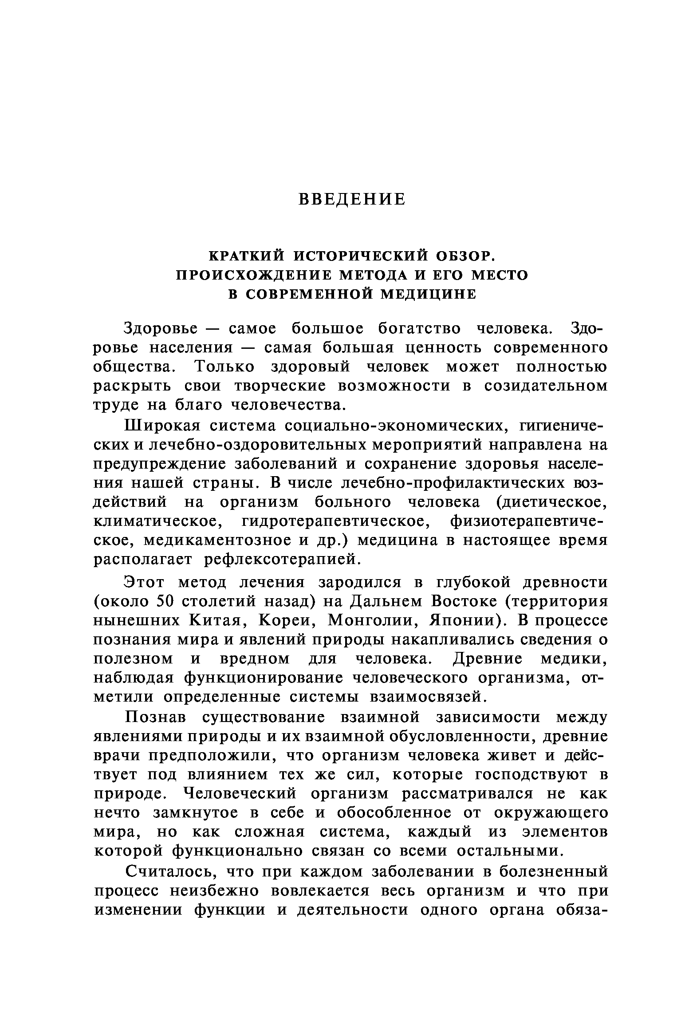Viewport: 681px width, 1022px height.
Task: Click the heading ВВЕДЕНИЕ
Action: click(x=352, y=199)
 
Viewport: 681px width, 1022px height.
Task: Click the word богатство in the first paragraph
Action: click(x=419, y=329)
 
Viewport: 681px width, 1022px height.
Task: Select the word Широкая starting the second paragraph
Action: click(x=163, y=426)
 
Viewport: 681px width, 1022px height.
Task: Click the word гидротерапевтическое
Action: click(x=336, y=521)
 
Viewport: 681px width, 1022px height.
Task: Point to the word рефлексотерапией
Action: click(x=280, y=560)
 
